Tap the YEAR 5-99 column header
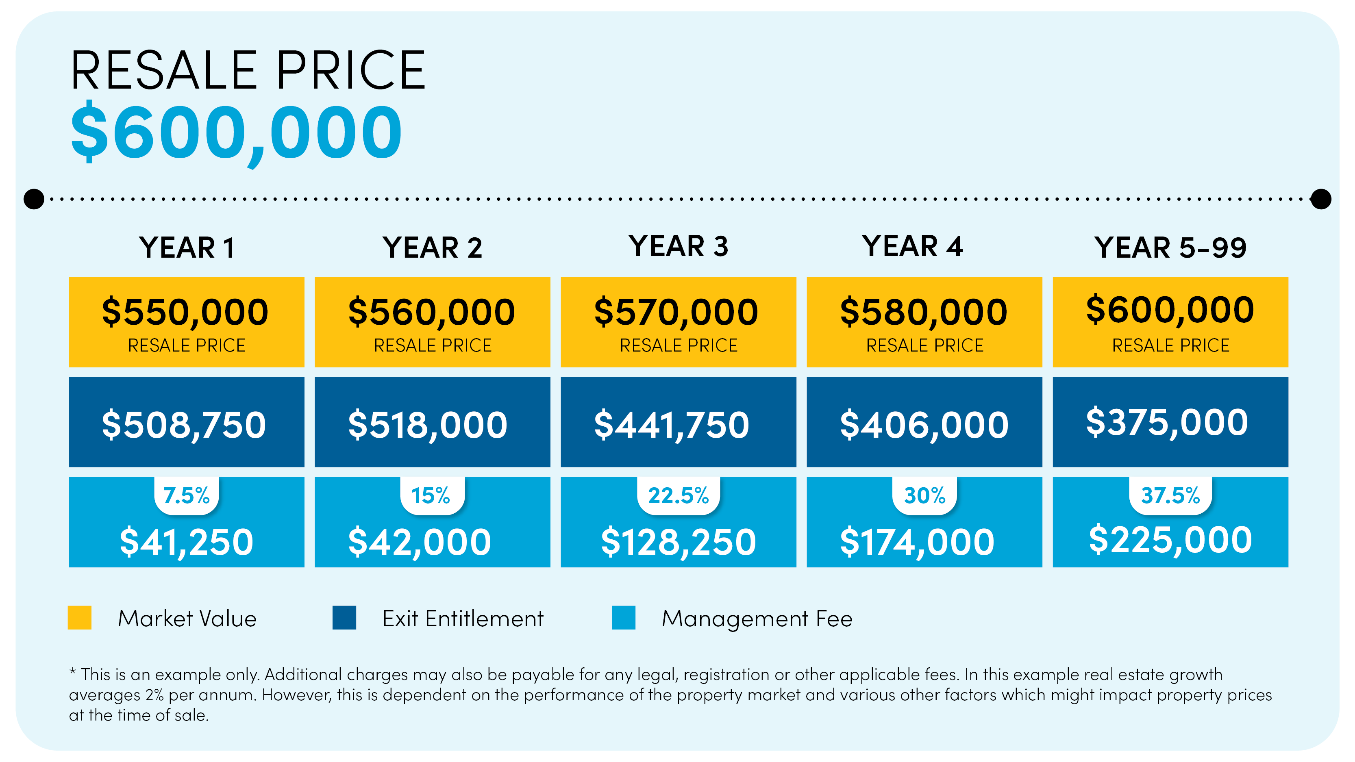tap(1170, 247)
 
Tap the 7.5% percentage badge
tap(186, 495)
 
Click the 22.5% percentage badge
tap(678, 495)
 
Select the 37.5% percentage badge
tap(1170, 495)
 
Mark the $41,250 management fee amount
tap(186, 542)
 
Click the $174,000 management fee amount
tap(917, 542)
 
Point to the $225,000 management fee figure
tap(1170, 540)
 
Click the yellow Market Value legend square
tap(79, 617)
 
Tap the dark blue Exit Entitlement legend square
tap(344, 617)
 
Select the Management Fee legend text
tap(757, 619)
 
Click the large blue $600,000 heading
tap(236, 132)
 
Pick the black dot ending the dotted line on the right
tap(1320, 199)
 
